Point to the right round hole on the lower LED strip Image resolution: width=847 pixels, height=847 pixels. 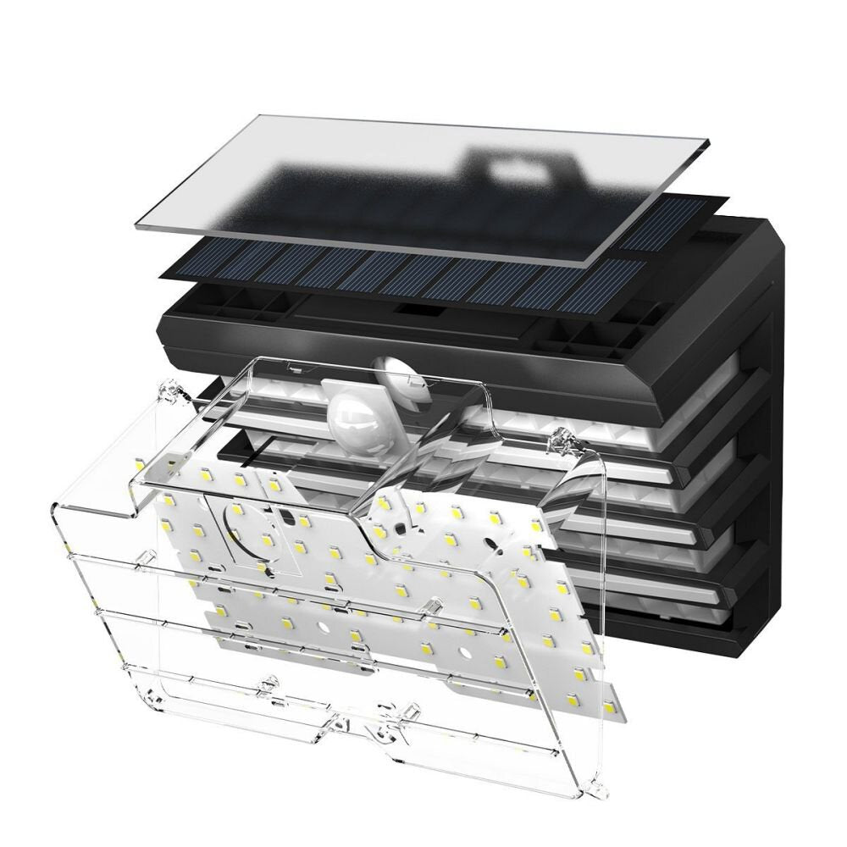coord(463,652)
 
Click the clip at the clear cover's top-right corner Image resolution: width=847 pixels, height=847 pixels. coord(559,440)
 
